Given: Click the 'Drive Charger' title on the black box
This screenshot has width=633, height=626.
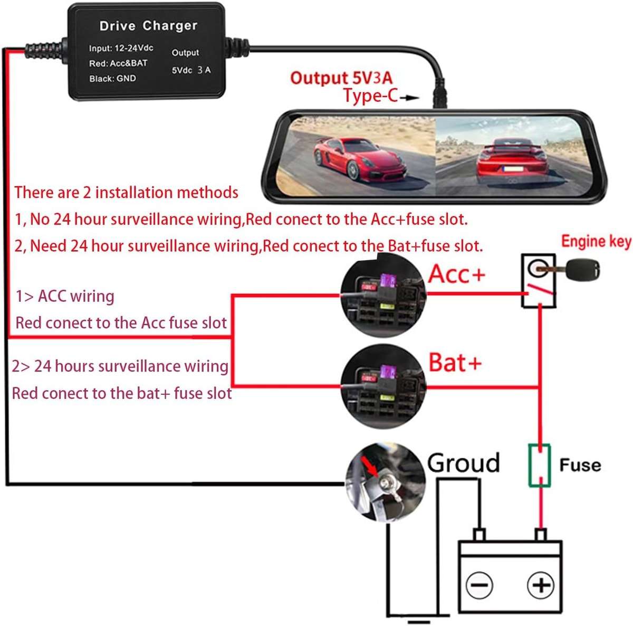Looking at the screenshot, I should pos(148,25).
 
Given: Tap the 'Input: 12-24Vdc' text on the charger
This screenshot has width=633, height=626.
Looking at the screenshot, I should pos(121,48).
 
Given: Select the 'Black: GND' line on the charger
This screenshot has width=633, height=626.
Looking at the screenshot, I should pos(112,79).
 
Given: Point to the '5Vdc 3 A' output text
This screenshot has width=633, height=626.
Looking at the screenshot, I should pos(191,70).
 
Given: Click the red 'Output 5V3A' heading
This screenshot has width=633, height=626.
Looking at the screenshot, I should pos(341,78).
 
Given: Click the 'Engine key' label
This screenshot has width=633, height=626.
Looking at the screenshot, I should pos(596,242).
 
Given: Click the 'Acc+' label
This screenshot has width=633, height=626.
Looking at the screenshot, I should pos(456,274).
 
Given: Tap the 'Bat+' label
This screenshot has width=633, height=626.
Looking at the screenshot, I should pos(455,363).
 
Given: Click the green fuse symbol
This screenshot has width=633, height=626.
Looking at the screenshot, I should pos(539,465).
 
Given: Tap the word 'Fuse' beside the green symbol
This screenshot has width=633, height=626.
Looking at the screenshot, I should pos(580,465).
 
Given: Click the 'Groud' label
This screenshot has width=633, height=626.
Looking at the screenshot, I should pos(463,462).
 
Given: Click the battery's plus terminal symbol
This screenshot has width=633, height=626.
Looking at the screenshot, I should pos(540,585).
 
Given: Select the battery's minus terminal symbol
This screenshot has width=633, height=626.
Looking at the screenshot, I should pos(479,585).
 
